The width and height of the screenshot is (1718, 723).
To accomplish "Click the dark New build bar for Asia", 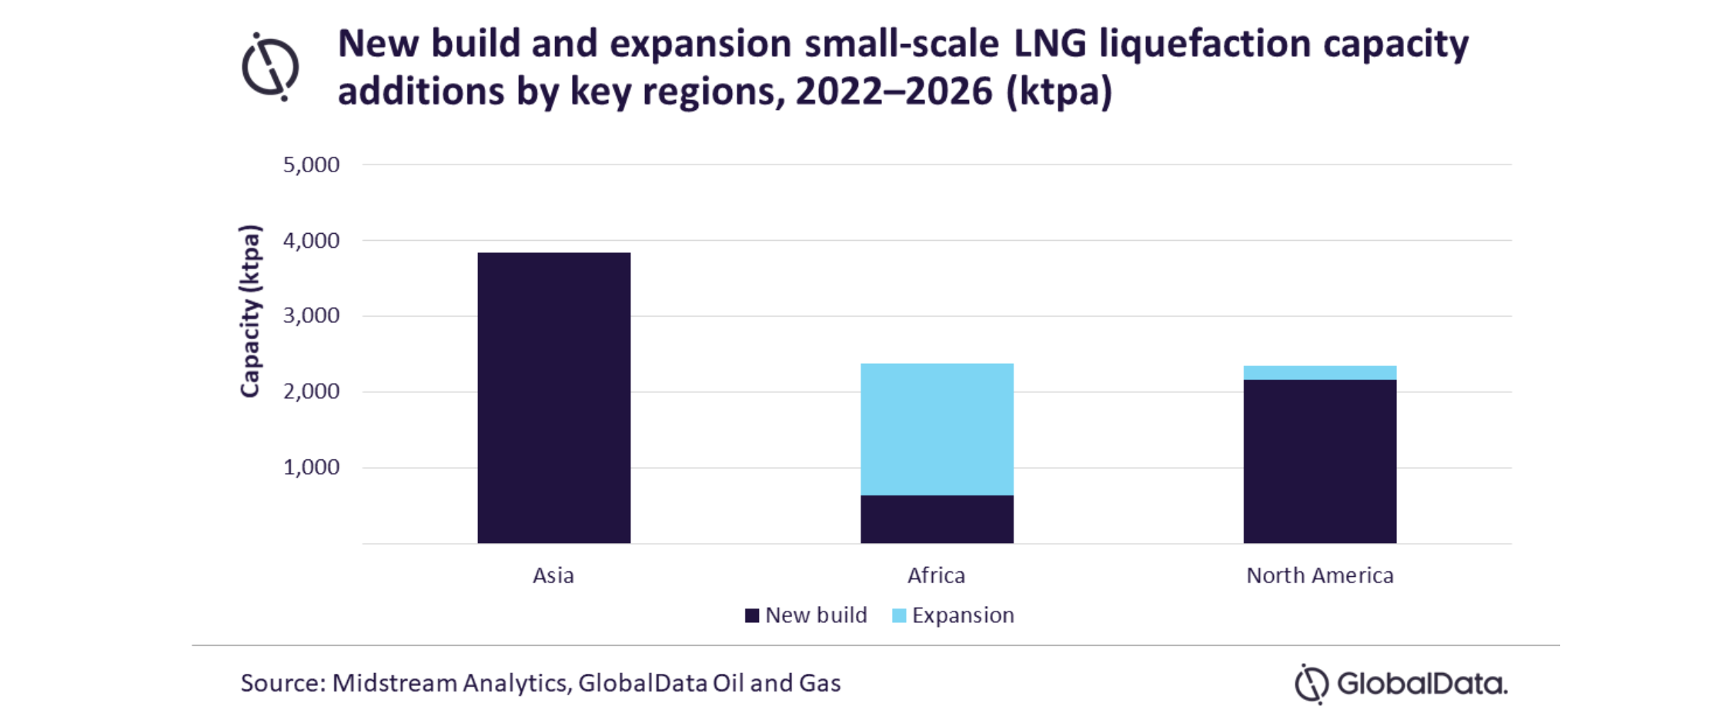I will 553,398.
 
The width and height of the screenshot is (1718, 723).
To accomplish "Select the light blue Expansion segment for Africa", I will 937,429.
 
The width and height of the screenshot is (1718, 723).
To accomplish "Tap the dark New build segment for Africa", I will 937,519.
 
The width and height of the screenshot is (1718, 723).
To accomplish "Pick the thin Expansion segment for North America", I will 1319,373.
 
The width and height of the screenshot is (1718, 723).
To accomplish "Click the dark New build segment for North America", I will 1319,461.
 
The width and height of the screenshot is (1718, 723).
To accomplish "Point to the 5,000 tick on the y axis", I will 311,165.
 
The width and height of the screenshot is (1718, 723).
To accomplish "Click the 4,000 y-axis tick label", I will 311,241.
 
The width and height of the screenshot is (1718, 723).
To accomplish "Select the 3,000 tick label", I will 311,315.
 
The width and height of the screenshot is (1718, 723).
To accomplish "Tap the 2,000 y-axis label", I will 311,391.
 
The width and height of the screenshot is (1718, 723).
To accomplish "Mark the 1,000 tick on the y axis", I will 311,467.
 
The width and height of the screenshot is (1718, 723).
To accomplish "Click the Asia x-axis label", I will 553,575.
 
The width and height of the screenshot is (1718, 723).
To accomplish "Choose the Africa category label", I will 936,575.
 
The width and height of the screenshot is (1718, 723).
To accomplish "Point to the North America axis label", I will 1319,575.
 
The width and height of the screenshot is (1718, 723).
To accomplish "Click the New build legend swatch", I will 752,615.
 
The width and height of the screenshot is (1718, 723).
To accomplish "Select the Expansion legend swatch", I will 899,615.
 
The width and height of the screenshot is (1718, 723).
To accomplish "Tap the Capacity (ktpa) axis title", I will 250,312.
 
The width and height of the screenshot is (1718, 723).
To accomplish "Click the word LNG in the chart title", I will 1050,44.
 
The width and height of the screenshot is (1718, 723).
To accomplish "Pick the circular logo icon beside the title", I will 270,67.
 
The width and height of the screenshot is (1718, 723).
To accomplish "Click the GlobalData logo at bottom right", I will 1401,683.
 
